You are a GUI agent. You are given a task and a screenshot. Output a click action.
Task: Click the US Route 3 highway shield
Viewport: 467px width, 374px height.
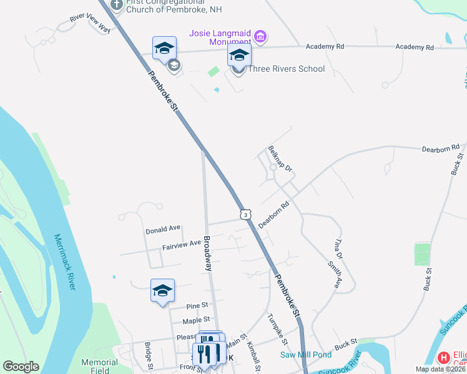(247, 214)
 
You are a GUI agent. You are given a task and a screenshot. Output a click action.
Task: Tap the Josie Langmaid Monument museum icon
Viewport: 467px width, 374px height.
(261, 37)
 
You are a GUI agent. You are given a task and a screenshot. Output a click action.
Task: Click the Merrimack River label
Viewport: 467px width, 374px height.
(65, 261)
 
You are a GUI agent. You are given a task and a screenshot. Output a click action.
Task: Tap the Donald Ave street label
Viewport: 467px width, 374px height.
(163, 230)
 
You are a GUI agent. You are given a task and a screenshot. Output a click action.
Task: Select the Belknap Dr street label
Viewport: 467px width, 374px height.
(280, 160)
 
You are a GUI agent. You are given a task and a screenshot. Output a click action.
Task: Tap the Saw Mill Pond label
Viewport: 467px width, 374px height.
(306, 355)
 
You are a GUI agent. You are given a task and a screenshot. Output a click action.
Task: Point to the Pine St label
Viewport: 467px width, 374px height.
(197, 306)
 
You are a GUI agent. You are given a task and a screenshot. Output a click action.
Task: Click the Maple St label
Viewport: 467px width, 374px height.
(195, 321)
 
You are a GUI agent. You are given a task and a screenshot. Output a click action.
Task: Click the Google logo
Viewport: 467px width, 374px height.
(21, 367)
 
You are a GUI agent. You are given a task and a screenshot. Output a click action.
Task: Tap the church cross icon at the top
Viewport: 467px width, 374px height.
(116, 4)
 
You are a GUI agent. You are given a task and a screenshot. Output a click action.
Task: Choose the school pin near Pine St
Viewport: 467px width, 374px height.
(162, 290)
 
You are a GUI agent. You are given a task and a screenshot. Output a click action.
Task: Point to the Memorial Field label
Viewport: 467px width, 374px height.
(99, 366)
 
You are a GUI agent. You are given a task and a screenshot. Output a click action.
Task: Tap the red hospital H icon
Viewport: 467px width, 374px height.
(444, 358)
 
